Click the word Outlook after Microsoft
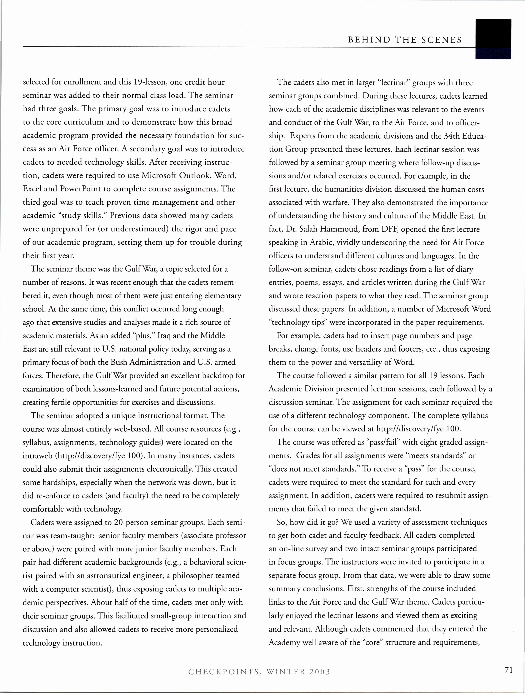click(195, 175)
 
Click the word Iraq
click(164, 336)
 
